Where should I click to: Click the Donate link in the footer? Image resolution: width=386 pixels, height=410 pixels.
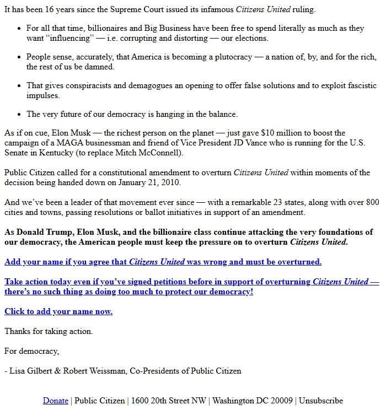pyautogui.click(x=55, y=401)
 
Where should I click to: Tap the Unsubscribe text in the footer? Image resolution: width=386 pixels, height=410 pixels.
pyautogui.click(x=321, y=401)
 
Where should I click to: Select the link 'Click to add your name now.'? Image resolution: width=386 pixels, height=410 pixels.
pyautogui.click(x=58, y=311)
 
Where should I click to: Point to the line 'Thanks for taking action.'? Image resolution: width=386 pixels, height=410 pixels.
pyautogui.click(x=49, y=331)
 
